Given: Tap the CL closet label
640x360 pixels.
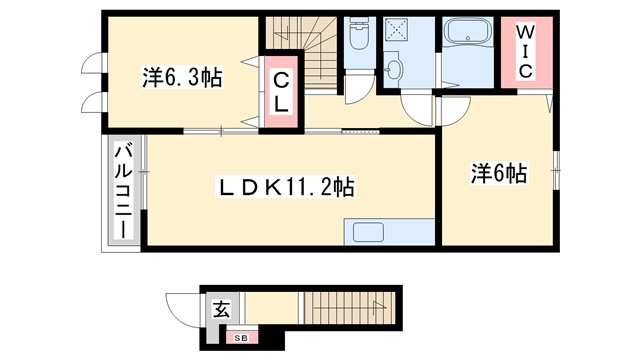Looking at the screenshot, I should (x=281, y=90).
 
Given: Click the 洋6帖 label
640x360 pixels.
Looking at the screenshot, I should (x=498, y=174).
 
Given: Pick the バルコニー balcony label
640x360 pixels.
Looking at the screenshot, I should (x=122, y=191).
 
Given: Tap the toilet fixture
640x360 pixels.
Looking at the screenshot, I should (x=358, y=39).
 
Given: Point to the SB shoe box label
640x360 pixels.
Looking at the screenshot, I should (x=241, y=339).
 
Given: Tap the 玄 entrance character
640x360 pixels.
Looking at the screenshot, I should (x=221, y=311).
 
